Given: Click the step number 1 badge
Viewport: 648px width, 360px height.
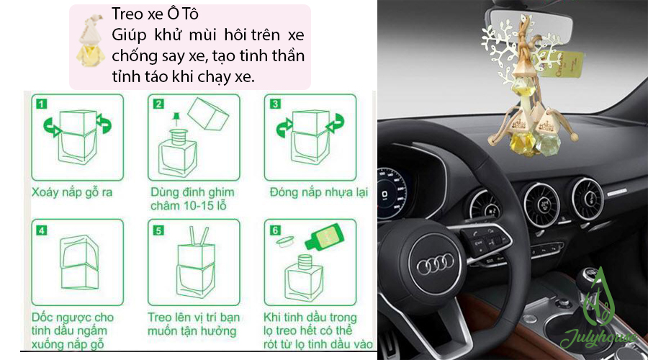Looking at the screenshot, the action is [41, 104].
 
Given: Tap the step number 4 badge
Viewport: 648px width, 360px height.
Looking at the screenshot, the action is [42, 230].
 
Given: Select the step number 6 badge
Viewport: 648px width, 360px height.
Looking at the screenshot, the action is [275, 230].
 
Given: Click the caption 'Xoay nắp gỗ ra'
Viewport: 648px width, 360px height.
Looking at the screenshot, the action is [72, 192].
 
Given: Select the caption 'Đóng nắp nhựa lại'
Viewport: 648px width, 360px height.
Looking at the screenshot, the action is [319, 192].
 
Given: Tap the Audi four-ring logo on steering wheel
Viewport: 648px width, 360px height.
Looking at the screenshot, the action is [435, 263].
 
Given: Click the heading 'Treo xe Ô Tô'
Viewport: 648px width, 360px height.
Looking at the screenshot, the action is [155, 14].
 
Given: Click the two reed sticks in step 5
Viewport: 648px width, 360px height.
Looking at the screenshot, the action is [199, 235].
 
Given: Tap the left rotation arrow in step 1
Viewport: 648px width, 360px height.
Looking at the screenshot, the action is [52, 127].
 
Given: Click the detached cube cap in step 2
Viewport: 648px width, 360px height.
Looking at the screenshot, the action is [208, 114].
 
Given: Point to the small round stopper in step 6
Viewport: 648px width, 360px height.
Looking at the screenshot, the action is [284, 241].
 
